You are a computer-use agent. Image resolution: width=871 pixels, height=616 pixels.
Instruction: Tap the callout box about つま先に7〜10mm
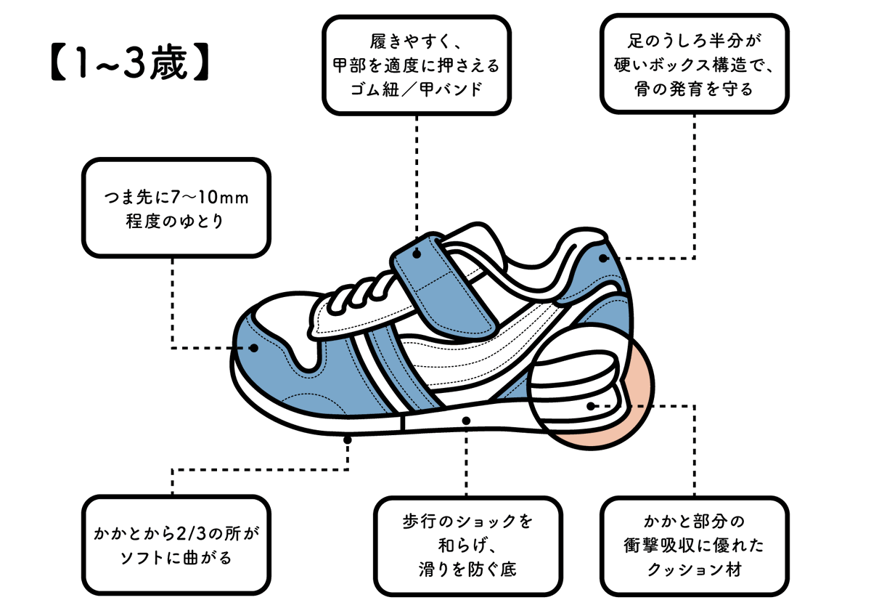[176, 208]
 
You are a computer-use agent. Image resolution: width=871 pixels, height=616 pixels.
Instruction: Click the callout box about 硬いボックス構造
[695, 64]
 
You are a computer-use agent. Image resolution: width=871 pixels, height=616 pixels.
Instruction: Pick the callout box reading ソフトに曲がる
[176, 545]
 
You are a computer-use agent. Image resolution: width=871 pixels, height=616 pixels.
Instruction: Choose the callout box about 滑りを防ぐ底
[468, 545]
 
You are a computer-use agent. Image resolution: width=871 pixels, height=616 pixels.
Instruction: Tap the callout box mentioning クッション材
[695, 545]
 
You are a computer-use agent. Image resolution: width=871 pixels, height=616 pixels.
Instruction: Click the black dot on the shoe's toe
[254, 348]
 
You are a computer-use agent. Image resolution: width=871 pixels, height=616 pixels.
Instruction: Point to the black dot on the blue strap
[417, 254]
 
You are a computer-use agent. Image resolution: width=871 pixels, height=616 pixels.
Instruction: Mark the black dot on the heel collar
[602, 258]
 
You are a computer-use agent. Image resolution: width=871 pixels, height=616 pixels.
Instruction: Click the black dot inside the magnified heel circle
[592, 405]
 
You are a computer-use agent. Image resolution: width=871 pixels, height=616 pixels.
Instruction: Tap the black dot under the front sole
[348, 439]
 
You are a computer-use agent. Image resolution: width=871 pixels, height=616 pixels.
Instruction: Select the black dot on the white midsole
[465, 420]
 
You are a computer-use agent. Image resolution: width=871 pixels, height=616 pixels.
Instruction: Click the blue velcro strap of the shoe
[443, 287]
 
